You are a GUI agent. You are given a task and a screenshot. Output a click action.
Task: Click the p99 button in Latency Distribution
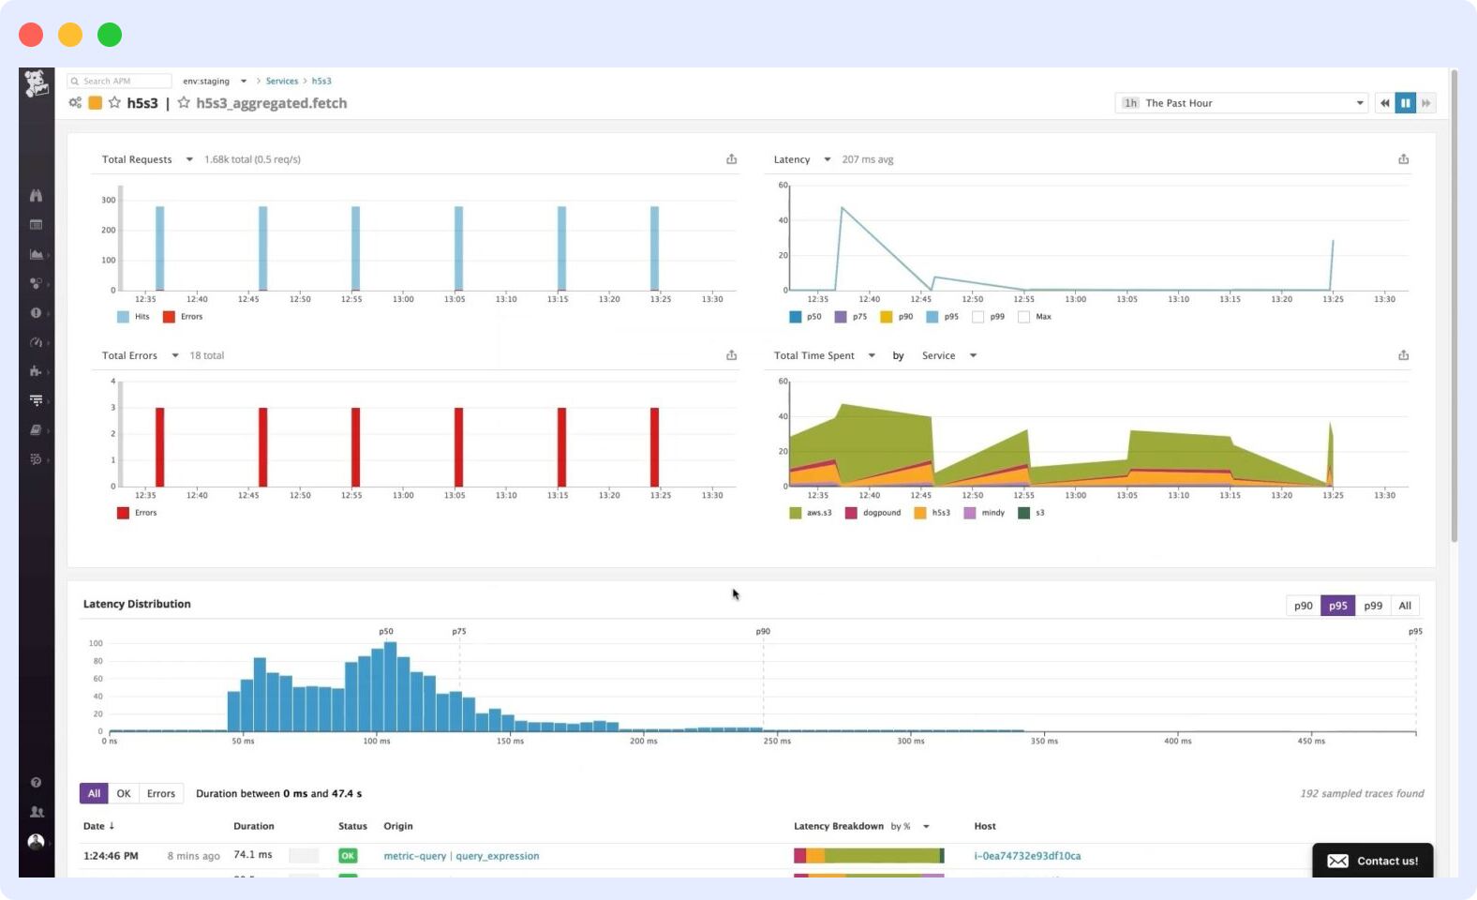tap(1373, 606)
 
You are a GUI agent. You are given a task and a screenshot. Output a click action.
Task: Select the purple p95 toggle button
tap(1337, 606)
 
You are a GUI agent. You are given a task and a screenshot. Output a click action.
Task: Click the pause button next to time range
tap(1405, 103)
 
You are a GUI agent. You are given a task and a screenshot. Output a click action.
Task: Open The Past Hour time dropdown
tap(1242, 103)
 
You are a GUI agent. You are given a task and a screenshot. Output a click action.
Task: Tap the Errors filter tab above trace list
tap(160, 793)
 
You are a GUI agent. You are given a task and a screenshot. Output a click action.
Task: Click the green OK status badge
tap(348, 856)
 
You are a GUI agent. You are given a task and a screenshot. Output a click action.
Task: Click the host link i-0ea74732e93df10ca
tap(1027, 856)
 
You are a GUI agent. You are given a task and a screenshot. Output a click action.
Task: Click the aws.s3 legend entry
tap(811, 513)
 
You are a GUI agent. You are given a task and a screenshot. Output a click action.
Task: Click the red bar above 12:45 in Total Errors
tap(262, 446)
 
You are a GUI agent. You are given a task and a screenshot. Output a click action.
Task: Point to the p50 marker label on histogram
tap(385, 631)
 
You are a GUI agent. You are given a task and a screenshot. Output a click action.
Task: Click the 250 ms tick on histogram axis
tap(777, 741)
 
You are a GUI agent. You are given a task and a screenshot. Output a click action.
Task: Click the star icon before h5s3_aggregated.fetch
tap(184, 103)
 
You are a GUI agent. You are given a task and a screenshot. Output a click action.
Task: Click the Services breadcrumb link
tap(281, 82)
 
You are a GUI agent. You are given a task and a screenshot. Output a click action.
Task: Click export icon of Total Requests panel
tap(731, 159)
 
